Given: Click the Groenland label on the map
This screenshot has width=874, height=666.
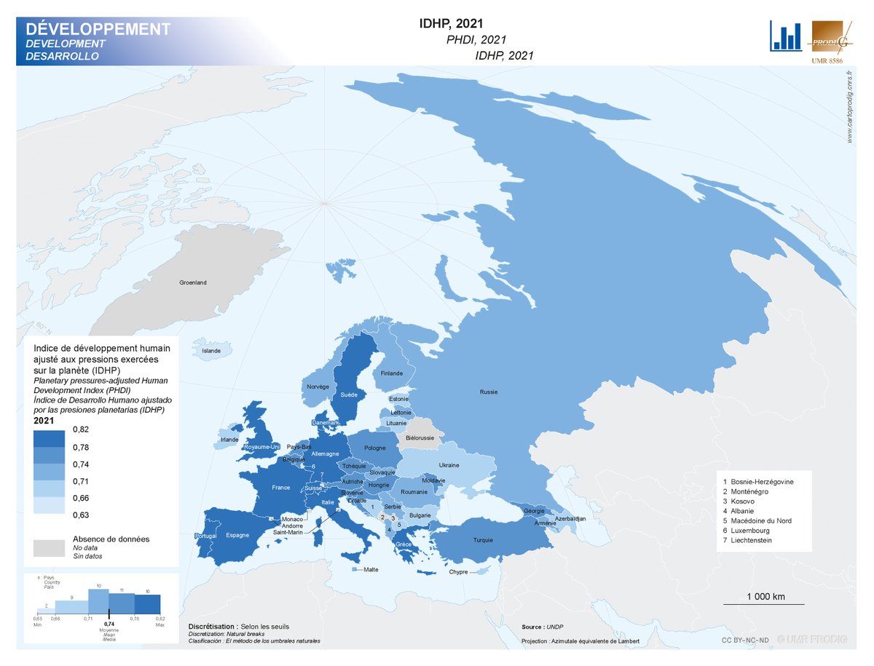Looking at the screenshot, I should tap(193, 282).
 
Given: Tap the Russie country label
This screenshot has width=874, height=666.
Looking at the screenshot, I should tap(489, 392).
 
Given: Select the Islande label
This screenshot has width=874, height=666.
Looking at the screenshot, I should tap(211, 351).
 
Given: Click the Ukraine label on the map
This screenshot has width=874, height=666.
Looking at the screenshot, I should tap(449, 465).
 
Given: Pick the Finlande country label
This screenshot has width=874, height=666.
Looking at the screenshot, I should tap(391, 373).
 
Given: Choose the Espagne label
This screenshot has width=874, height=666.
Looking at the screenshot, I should tap(237, 535).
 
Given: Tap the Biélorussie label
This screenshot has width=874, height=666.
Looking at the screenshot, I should tap(420, 438).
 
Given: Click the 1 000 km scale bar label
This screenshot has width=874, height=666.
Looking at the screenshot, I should tap(765, 597).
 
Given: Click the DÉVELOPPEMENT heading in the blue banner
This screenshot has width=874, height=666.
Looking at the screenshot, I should tap(98, 29).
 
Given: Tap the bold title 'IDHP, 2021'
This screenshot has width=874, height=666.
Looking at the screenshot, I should tap(452, 24).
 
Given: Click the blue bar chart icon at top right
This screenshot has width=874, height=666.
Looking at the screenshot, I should tap(786, 36).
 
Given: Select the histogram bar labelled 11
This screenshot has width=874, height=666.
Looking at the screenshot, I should tap(122, 604).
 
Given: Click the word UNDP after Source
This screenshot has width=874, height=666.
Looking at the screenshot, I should tap(556, 627).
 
